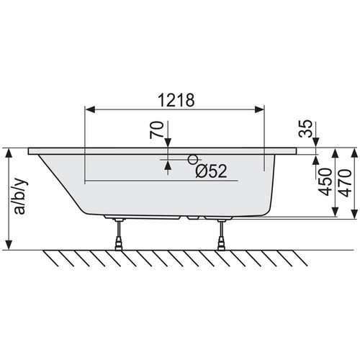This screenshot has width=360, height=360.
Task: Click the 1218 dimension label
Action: pyautogui.click(x=176, y=100)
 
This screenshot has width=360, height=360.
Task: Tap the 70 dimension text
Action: pyautogui.click(x=157, y=130)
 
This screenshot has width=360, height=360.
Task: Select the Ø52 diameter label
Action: pyautogui.click(x=211, y=171)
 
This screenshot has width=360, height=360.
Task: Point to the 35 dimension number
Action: pyautogui.click(x=305, y=128)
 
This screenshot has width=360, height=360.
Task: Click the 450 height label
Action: pyautogui.click(x=325, y=182)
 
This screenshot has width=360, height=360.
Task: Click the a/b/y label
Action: pyautogui.click(x=21, y=196)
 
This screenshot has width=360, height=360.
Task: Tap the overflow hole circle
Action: pyautogui.click(x=193, y=159)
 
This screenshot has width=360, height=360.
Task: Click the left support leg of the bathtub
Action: pyautogui.click(x=119, y=234)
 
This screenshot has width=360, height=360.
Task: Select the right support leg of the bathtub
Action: pyautogui.click(x=220, y=234)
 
